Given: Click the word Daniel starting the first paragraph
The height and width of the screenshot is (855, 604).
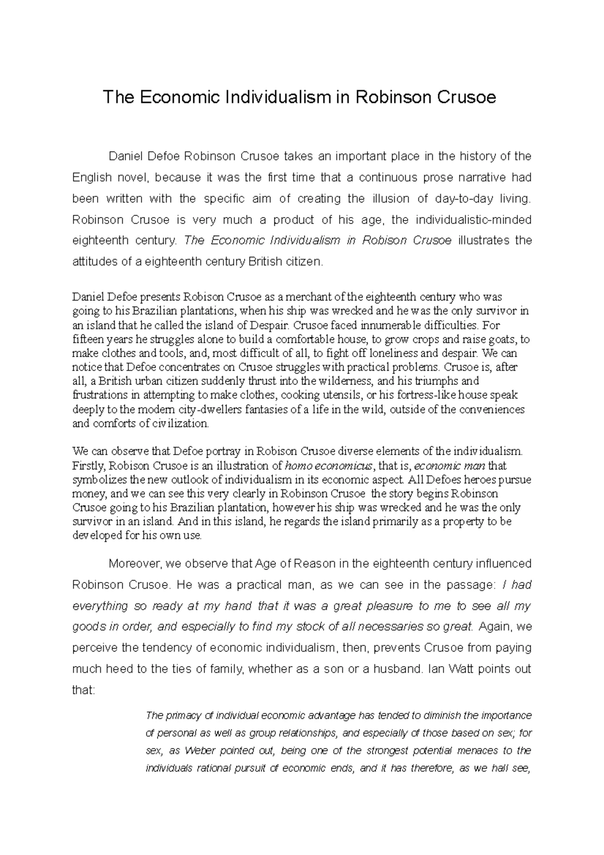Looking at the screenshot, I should [126, 156].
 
